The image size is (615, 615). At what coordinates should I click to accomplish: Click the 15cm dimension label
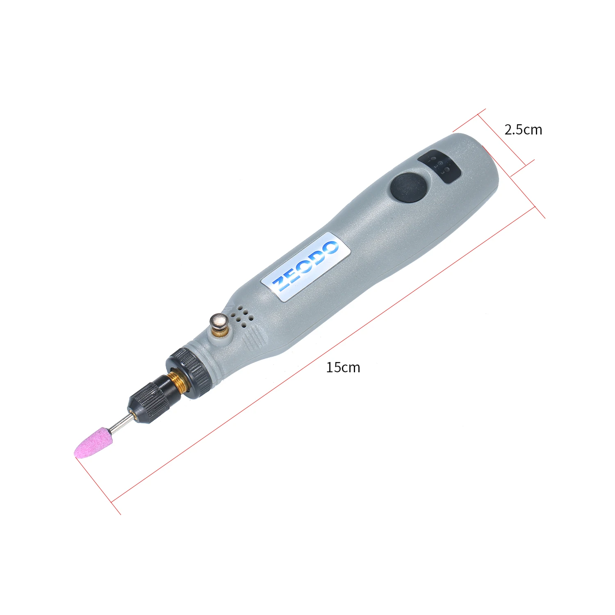pos(343,367)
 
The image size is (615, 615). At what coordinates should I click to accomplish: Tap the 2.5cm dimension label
pos(523,130)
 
